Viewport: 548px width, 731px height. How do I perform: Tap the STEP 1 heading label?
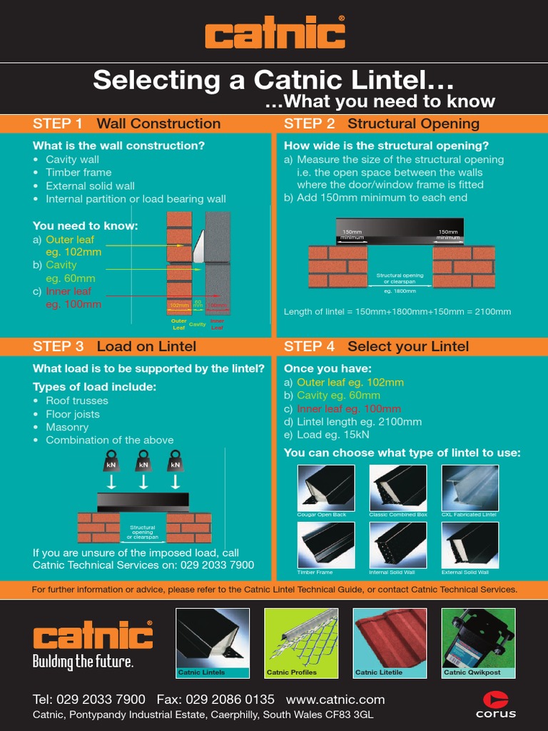[x=58, y=123]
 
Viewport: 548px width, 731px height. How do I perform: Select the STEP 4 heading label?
[x=309, y=346]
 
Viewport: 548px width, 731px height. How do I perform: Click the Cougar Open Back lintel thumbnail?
[x=325, y=488]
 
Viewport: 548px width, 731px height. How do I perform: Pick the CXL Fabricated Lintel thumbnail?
[x=470, y=488]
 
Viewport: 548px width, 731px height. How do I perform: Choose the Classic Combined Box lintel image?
[x=397, y=488]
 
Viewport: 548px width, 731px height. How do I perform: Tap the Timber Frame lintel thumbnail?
[x=325, y=545]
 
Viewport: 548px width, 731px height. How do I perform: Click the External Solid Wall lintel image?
[x=470, y=545]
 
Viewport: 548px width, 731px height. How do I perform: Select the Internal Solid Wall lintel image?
[x=397, y=545]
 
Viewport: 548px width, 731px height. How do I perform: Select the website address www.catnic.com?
[x=335, y=699]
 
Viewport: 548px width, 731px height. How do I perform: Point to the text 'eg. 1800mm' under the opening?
[x=400, y=291]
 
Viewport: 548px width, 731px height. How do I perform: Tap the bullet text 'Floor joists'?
[x=73, y=414]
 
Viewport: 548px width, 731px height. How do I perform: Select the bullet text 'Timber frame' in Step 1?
[x=78, y=172]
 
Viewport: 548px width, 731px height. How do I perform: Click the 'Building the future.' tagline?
[x=83, y=662]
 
